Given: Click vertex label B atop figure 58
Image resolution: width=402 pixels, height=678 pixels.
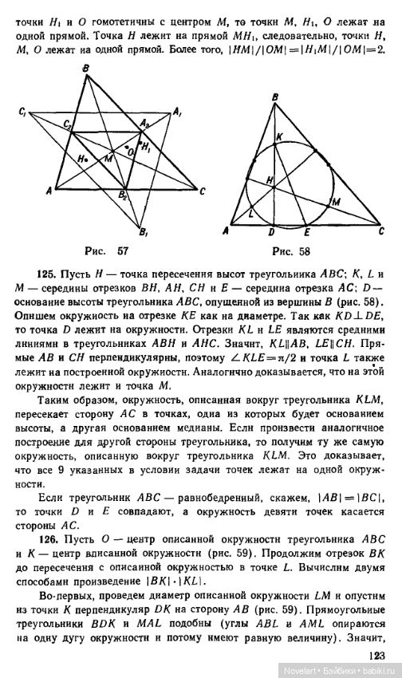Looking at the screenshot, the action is (274, 98).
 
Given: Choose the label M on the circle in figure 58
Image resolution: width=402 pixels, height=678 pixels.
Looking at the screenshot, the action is (335, 200).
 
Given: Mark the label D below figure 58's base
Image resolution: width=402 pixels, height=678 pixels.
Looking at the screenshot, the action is (274, 233).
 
